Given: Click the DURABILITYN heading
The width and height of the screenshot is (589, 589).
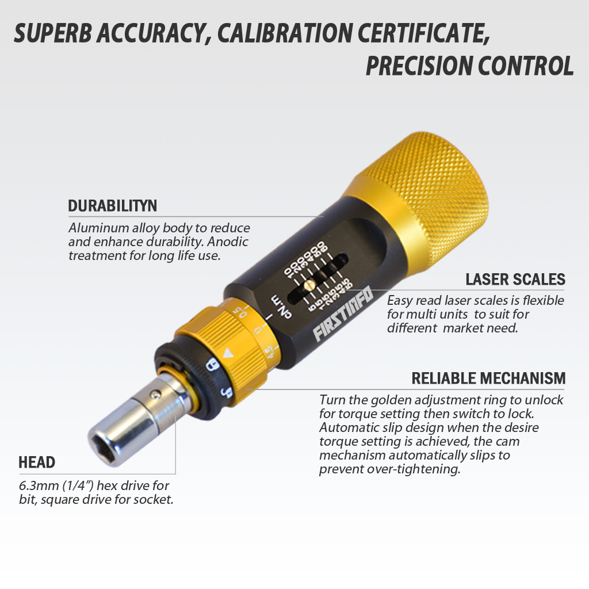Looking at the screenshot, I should click(x=112, y=206).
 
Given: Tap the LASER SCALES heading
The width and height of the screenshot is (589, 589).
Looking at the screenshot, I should click(x=515, y=280).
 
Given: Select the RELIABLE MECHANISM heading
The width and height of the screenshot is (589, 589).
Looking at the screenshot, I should click(x=488, y=378).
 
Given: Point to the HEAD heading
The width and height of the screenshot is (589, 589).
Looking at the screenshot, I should click(x=37, y=462).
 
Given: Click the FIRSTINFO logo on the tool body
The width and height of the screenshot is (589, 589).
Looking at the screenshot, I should click(x=343, y=315).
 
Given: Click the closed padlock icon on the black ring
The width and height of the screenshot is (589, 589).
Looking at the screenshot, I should click(x=212, y=365).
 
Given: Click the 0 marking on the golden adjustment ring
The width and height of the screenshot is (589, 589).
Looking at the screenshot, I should click(x=258, y=332).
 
